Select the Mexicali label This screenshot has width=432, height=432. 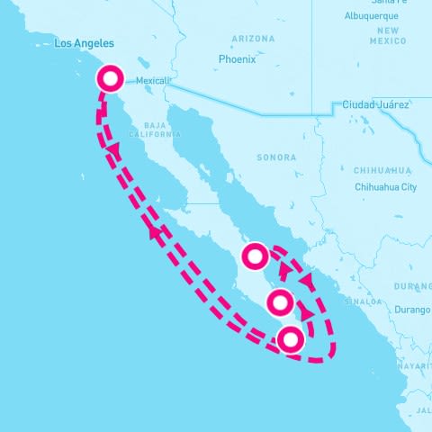[x=154, y=80]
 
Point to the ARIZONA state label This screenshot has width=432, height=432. [x=253, y=39]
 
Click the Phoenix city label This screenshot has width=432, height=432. [x=237, y=59]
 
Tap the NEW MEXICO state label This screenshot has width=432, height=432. [x=389, y=35]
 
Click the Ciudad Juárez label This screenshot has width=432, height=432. [x=374, y=105]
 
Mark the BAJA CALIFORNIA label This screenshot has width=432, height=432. [x=148, y=130]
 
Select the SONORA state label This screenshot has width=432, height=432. [x=276, y=157]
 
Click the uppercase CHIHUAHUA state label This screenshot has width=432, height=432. [x=382, y=170]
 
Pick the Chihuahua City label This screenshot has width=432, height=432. [x=384, y=187]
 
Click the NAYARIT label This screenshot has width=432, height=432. [x=415, y=366]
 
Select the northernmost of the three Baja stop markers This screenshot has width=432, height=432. [x=256, y=256]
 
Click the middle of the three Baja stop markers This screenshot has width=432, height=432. [x=280, y=302]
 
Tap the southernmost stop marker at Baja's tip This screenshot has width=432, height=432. [x=290, y=339]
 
